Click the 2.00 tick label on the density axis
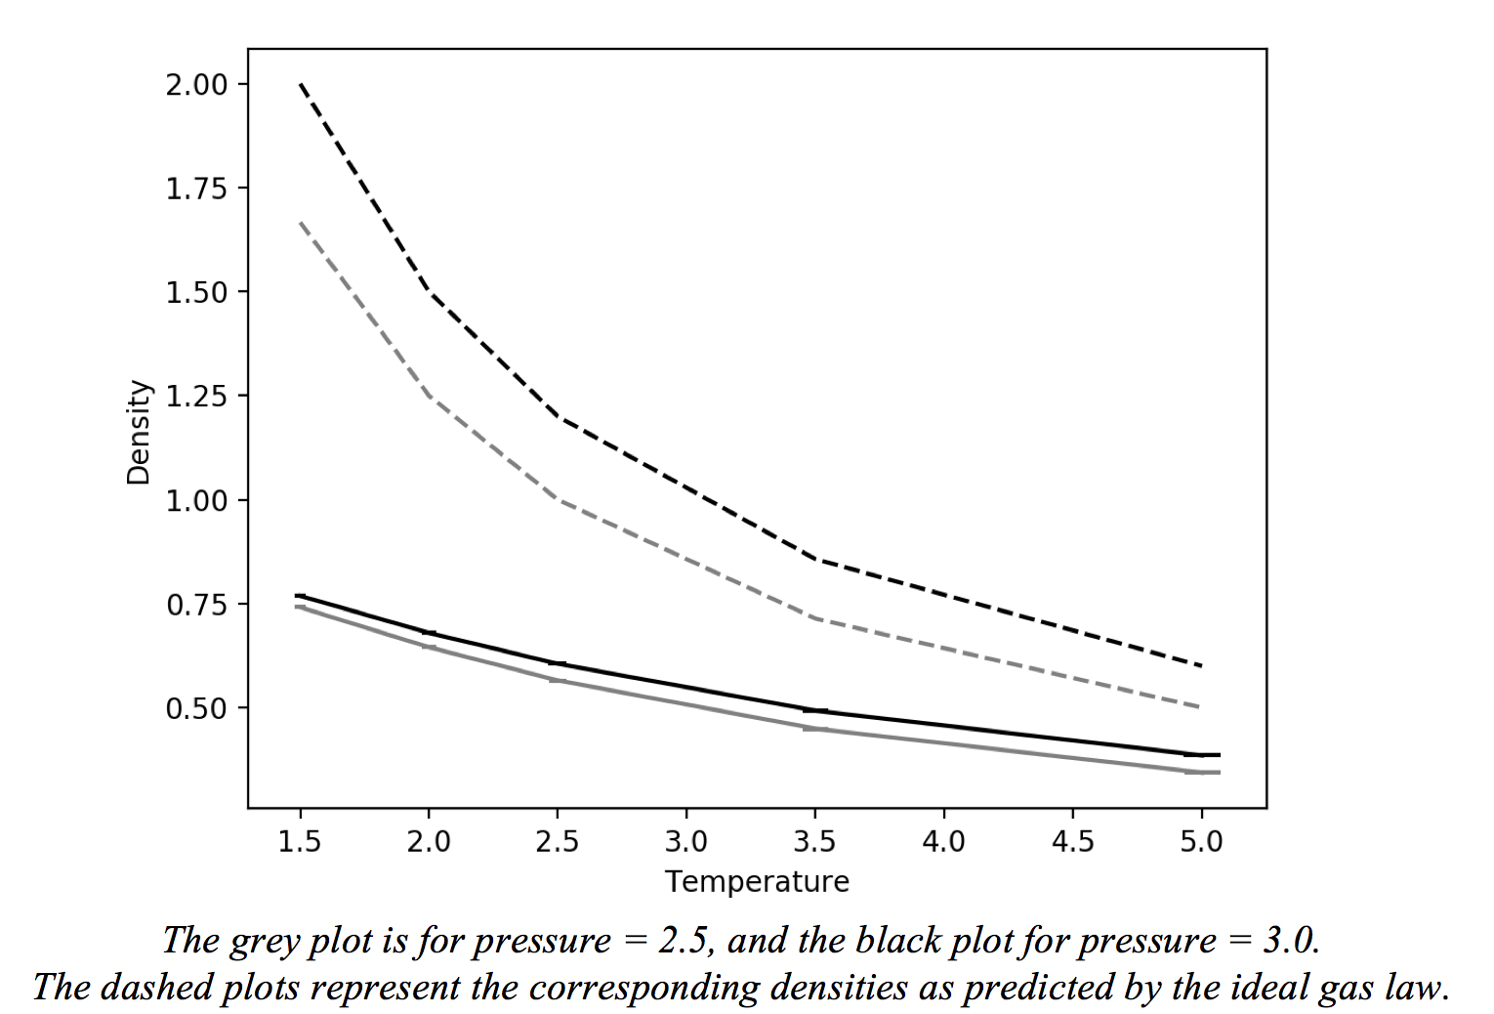click(195, 85)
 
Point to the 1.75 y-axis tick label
click(195, 189)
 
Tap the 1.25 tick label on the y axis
click(195, 397)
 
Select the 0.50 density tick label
click(195, 708)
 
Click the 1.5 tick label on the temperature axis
click(300, 841)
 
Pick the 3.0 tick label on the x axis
click(686, 841)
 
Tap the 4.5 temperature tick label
click(1072, 841)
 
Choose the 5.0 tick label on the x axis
click(1201, 841)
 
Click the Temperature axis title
click(757, 881)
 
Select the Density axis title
click(140, 432)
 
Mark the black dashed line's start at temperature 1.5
click(301, 85)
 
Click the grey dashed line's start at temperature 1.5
click(301, 223)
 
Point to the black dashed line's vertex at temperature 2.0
click(429, 292)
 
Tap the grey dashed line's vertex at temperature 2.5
click(558, 499)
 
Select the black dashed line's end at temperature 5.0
click(1201, 666)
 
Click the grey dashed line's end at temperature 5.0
click(1201, 707)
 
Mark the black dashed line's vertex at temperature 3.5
click(815, 559)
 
